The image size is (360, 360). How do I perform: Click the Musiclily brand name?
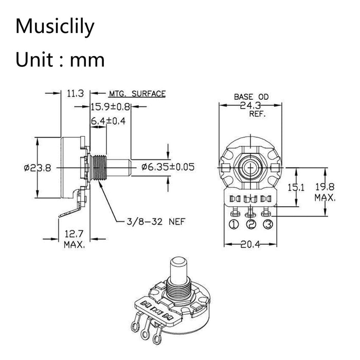click(x=55, y=26)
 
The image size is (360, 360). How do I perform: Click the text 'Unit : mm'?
click(x=60, y=60)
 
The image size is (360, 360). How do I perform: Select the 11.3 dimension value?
click(x=75, y=94)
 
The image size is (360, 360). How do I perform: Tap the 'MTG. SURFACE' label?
click(x=137, y=94)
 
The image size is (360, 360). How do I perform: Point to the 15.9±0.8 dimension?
click(x=111, y=107)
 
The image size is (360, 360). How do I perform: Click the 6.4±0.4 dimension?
click(x=108, y=121)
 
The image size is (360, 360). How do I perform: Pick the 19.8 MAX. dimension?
click(x=325, y=191)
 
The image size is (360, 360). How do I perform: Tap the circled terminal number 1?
click(x=234, y=224)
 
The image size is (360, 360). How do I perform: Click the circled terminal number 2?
click(x=250, y=224)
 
